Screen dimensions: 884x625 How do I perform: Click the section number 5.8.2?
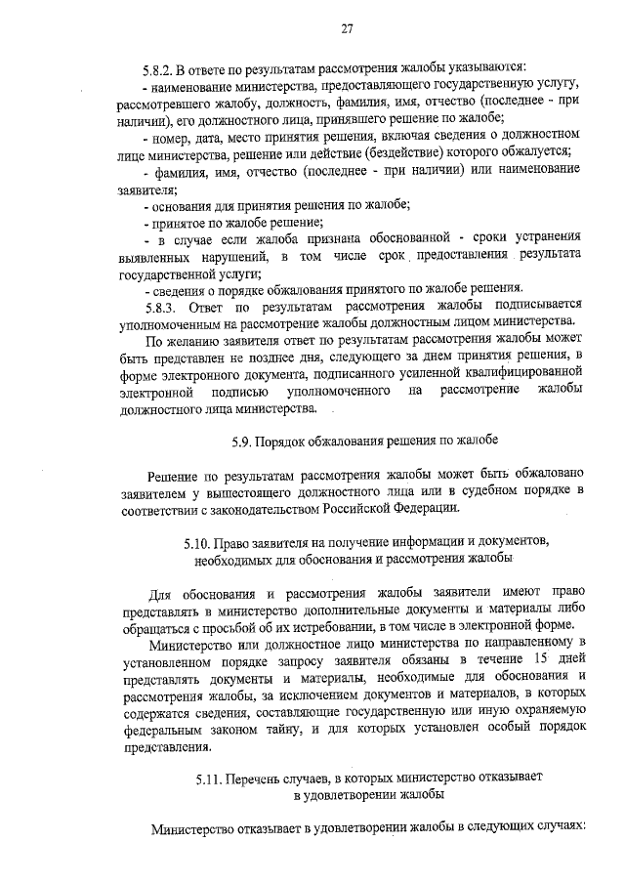click(x=158, y=67)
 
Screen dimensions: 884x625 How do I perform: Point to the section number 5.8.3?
click(x=160, y=305)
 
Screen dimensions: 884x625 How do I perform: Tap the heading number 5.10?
click(x=199, y=540)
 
